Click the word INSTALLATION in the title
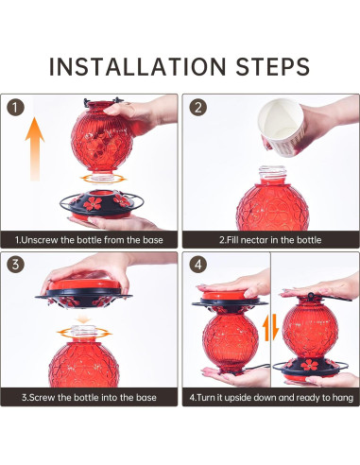pyautogui.click(x=138, y=66)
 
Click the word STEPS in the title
pyautogui.click(x=273, y=66)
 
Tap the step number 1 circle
pyautogui.click(x=15, y=108)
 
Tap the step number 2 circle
pyautogui.click(x=197, y=108)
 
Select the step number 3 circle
pyautogui.click(x=15, y=265)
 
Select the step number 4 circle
pyautogui.click(x=197, y=265)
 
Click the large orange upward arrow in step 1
pyautogui.click(x=35, y=148)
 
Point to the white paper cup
pyautogui.click(x=281, y=127)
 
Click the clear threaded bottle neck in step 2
pyautogui.click(x=273, y=175)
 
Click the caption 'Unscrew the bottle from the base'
pyautogui.click(x=89, y=240)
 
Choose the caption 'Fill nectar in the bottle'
pyautogui.click(x=270, y=240)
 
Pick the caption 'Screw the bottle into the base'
pyautogui.click(x=89, y=397)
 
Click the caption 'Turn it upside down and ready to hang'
pyautogui.click(x=271, y=397)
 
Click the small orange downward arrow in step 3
pyautogui.click(x=83, y=319)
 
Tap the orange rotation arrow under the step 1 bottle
pyautogui.click(x=103, y=179)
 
